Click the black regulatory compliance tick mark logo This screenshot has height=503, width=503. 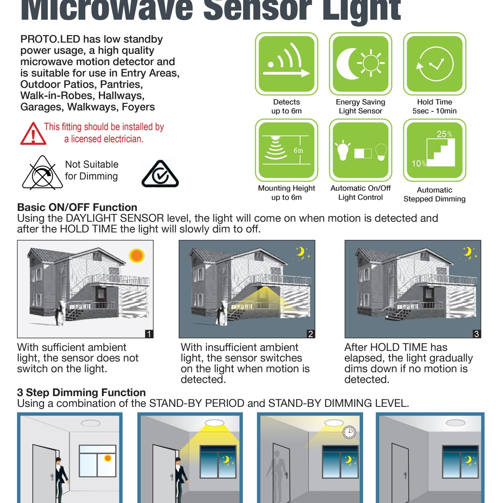click(160, 173)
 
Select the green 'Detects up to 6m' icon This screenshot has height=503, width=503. click(287, 64)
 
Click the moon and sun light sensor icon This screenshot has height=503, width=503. click(360, 64)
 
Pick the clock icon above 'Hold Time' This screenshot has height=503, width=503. click(435, 64)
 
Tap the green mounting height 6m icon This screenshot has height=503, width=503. click(287, 150)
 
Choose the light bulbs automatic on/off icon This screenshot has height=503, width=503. click(360, 150)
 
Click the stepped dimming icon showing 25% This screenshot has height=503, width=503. click(435, 150)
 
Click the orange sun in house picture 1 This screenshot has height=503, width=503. click(137, 256)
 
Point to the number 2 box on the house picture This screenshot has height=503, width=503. click(311, 334)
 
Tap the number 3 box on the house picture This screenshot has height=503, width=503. click(477, 334)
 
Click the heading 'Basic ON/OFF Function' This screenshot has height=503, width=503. click(77, 207)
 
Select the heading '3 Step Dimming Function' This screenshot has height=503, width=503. click(81, 392)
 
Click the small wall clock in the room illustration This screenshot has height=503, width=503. click(349, 432)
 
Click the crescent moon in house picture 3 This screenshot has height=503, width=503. click(467, 251)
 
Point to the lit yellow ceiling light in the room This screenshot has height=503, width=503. click(214, 423)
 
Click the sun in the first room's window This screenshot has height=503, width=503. click(108, 458)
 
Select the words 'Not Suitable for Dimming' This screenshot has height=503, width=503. click(92, 170)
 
